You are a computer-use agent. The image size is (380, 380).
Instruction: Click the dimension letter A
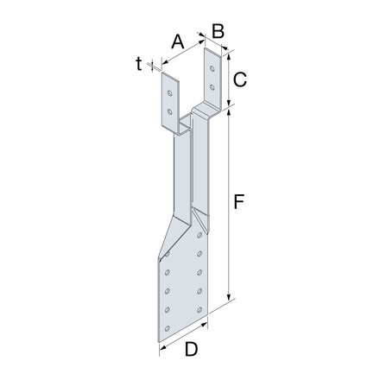pos(178,41)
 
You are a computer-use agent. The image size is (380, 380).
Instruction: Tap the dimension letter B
pos(218,31)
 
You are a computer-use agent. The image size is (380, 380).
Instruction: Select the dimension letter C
pos(240,79)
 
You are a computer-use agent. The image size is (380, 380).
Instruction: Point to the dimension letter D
pos(191,350)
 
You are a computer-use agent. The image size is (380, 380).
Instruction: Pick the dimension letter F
pos(239,201)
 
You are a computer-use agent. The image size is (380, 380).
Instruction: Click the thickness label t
pos(139,64)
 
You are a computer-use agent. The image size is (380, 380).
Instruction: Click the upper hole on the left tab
pos(170,93)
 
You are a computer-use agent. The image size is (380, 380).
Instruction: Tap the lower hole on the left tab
pos(170,111)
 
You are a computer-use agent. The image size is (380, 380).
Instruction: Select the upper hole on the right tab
pos(212,68)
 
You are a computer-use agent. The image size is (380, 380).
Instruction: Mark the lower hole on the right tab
pos(212,87)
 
